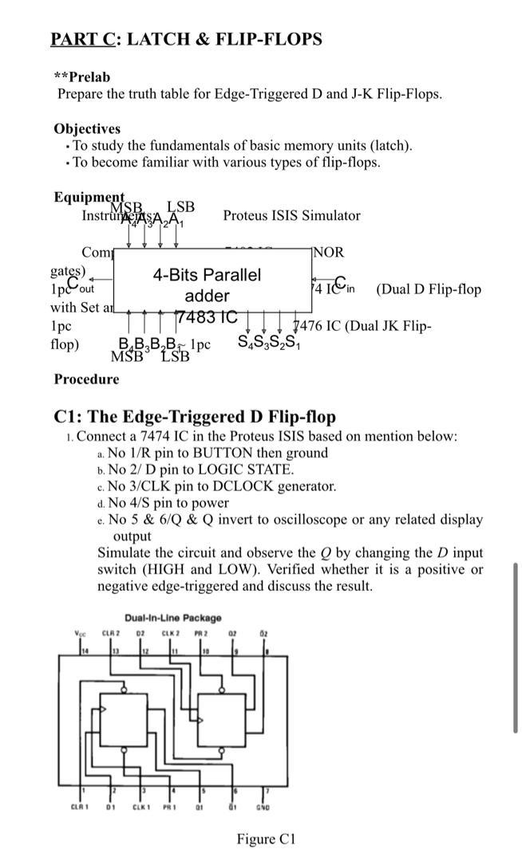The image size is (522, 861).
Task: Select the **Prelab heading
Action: coord(81,77)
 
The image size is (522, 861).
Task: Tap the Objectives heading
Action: coord(87,128)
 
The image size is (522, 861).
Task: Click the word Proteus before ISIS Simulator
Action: coord(247,215)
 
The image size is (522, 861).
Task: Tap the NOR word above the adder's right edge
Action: coord(328,253)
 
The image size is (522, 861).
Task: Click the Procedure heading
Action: coord(86,379)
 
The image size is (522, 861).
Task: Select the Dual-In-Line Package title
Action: coord(173,618)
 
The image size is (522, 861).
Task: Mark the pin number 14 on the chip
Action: coord(80,655)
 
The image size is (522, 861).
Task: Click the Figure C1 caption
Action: coord(266,839)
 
